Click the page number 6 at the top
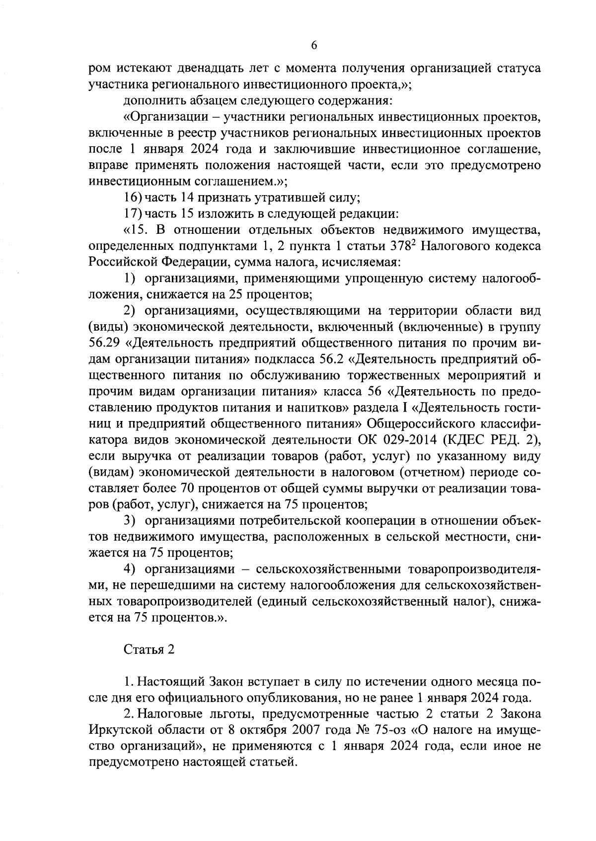313,45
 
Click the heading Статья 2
149,650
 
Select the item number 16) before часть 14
133,198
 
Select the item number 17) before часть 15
133,214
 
